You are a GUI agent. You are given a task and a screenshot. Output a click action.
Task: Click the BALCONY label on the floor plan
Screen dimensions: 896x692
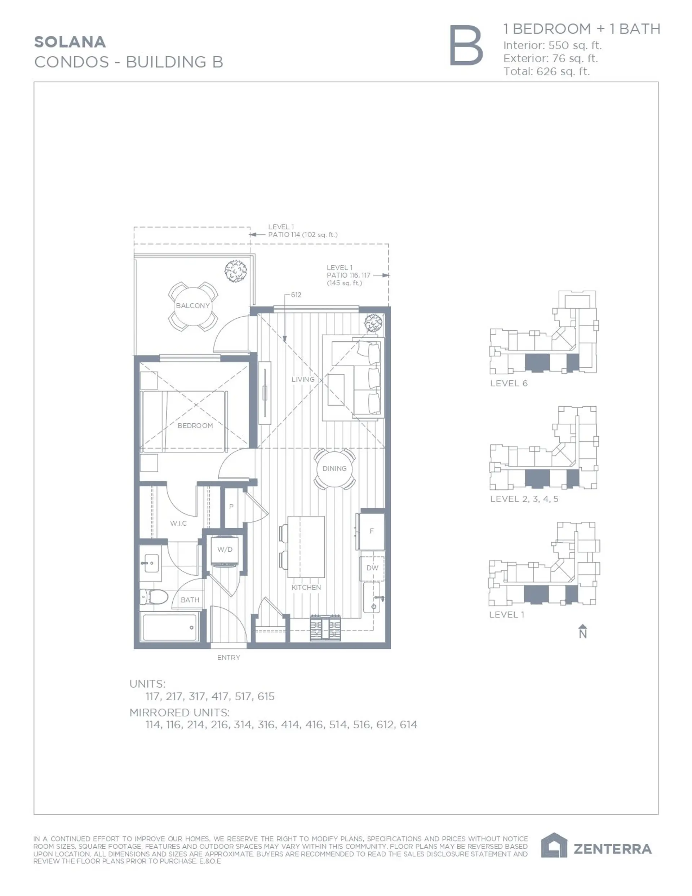coord(192,306)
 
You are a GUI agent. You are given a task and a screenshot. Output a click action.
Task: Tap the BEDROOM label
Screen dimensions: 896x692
coord(195,426)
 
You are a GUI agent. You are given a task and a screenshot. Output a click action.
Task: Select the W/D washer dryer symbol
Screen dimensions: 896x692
coord(225,550)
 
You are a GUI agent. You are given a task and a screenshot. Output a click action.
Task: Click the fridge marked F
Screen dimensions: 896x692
coord(371,531)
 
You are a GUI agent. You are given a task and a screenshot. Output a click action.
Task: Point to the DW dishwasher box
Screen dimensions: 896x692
coord(372,568)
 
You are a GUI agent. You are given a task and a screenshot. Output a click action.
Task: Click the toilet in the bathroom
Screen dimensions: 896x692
coord(154,597)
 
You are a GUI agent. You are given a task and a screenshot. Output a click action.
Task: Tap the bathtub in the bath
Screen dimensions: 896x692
coord(169,627)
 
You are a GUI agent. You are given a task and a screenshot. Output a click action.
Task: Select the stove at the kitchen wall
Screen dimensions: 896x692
coord(325,628)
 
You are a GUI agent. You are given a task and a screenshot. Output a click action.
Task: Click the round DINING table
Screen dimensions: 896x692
coord(334,468)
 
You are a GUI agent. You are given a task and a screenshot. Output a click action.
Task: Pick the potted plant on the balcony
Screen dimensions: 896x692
coord(236,271)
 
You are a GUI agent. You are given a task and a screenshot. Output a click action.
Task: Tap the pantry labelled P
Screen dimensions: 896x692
coord(231,507)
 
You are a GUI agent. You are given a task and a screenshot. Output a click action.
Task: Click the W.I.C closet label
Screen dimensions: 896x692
coord(178,524)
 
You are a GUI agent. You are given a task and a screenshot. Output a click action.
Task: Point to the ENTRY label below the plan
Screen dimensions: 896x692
coord(229,658)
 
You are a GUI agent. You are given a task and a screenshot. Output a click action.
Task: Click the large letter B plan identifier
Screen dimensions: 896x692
coord(466,45)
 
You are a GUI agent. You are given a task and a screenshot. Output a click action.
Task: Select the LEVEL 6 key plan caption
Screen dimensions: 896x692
coord(509,383)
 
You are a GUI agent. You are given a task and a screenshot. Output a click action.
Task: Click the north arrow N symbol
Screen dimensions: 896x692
coord(582,632)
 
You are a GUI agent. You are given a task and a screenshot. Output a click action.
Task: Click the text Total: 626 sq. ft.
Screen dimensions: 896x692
coord(546,71)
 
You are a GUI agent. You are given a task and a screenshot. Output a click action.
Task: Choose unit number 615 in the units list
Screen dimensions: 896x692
coord(266,697)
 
